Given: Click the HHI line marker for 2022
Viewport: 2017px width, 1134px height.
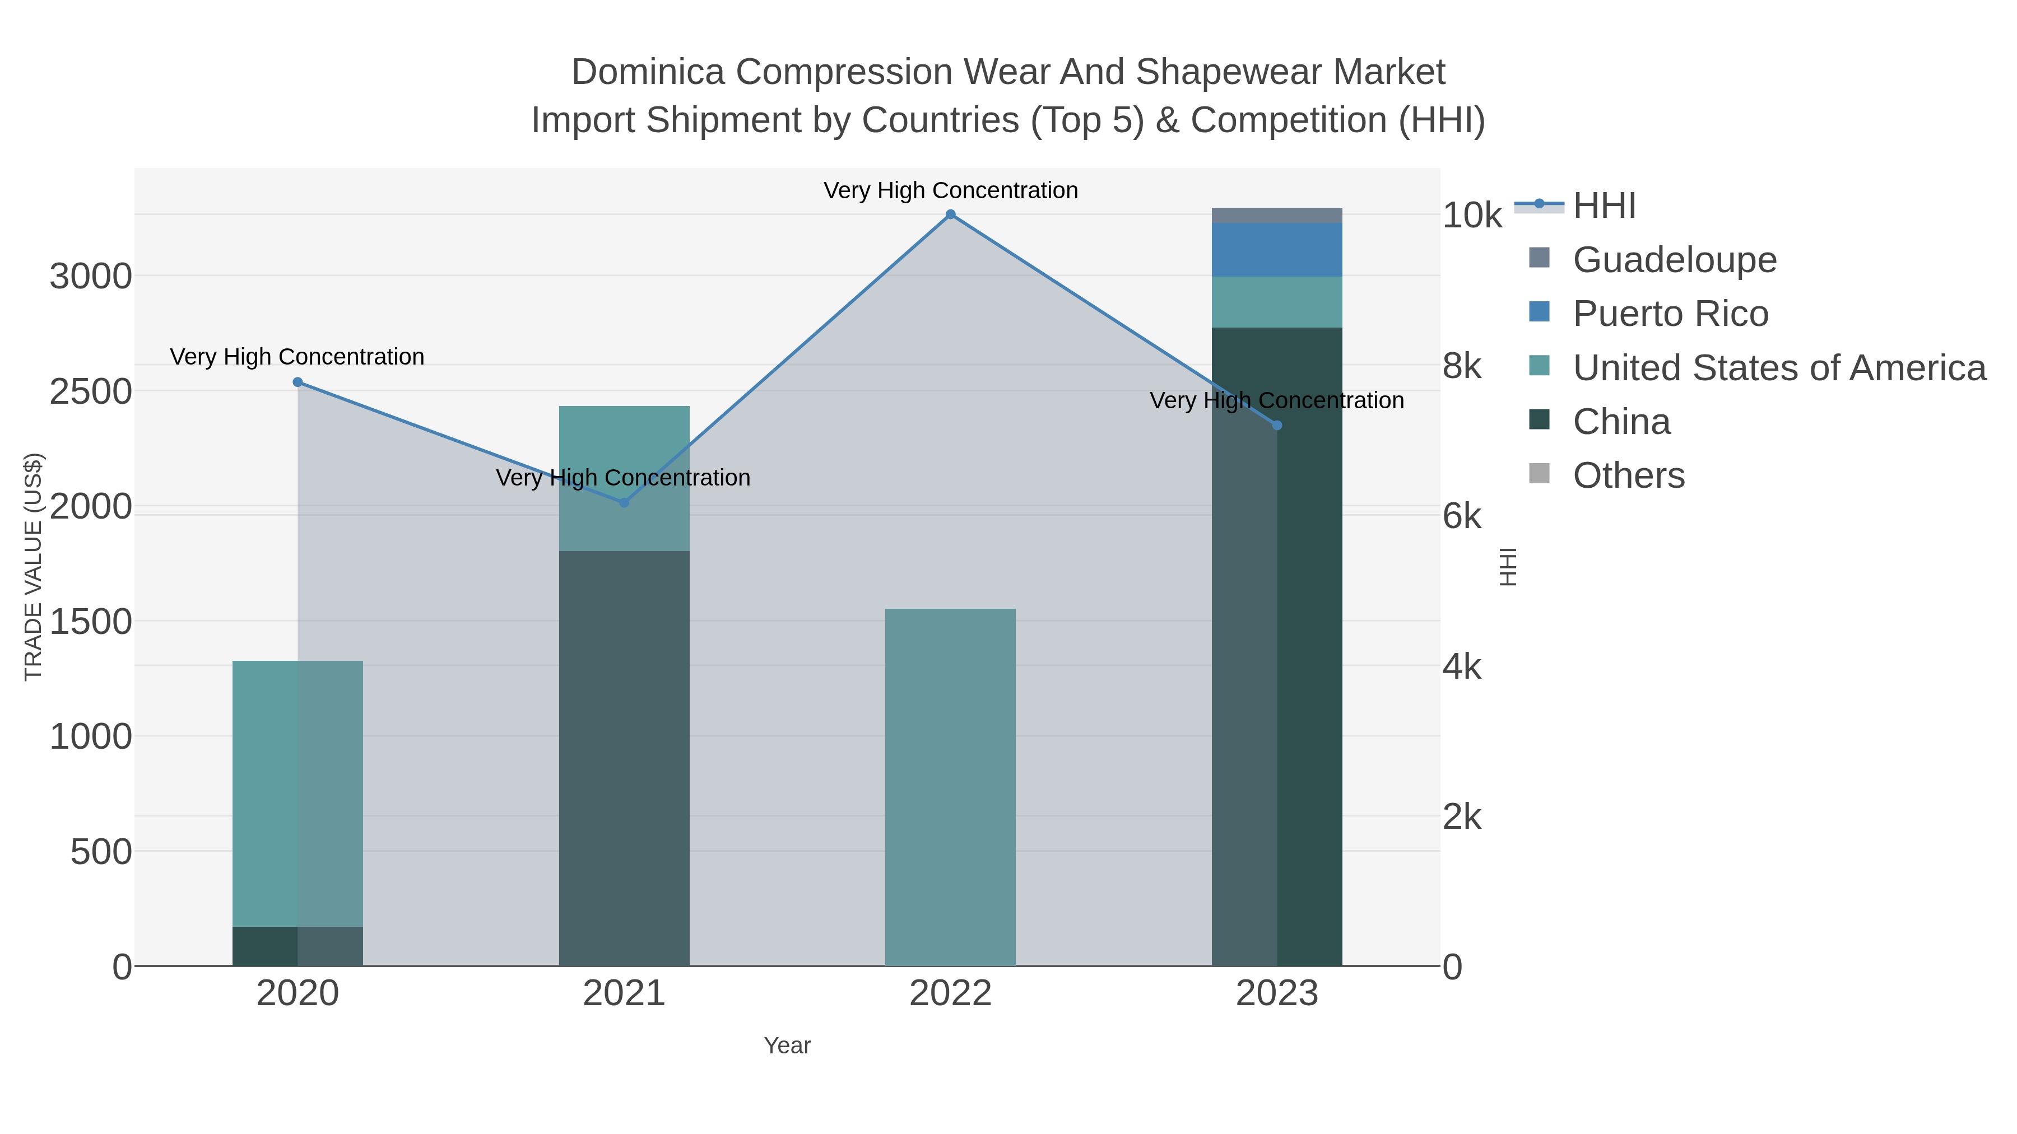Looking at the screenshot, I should tap(951, 214).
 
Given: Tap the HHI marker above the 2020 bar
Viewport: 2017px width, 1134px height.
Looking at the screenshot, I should tap(298, 382).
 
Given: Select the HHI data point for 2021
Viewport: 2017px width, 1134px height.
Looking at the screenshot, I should tap(624, 502).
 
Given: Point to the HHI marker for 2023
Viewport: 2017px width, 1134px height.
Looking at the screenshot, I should tap(1277, 425).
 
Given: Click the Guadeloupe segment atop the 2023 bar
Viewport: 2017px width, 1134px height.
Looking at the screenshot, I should tap(1277, 215).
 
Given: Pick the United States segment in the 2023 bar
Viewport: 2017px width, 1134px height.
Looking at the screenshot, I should tap(1277, 302).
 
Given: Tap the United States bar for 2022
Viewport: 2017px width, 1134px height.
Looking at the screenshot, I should tap(951, 787).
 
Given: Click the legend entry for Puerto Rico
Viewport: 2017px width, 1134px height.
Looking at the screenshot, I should tap(1670, 314).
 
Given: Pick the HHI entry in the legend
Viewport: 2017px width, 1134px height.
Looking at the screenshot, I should tap(1604, 206).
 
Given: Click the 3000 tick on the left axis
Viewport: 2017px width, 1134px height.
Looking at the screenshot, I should tap(91, 277).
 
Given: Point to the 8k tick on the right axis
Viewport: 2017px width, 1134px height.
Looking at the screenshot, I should tap(1462, 366).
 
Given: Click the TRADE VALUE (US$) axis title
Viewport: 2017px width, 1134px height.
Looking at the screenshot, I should tap(33, 567).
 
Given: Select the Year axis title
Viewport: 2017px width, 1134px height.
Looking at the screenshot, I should tap(787, 1046).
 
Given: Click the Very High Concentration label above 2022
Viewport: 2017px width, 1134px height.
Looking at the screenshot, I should tap(951, 190).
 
